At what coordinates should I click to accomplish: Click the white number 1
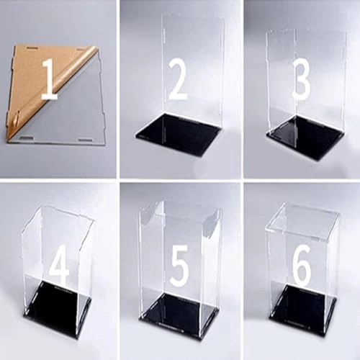(49, 79)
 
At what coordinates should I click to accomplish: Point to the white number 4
(59, 268)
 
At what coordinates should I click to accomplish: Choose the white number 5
(179, 268)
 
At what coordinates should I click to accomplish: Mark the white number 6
(302, 268)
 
